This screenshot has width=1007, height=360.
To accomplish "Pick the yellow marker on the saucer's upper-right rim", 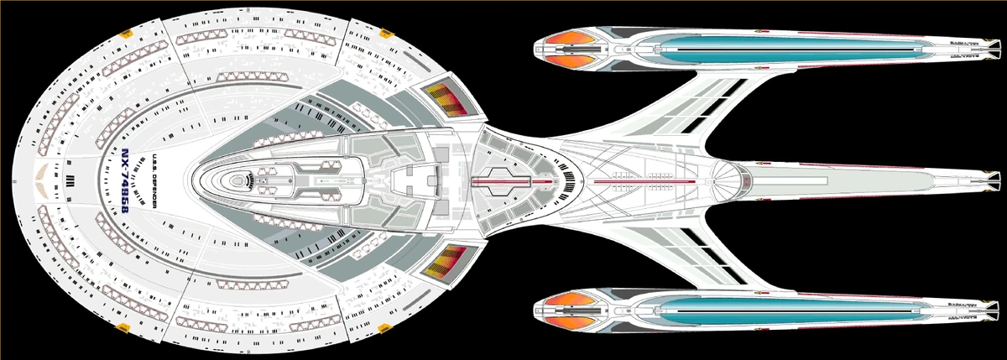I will (x=388, y=34).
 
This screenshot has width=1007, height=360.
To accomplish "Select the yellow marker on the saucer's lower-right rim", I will (x=388, y=326).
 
